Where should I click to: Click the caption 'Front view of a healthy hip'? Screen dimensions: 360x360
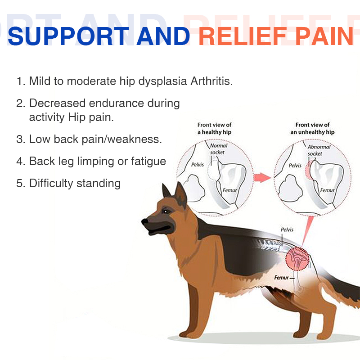coord(215,128)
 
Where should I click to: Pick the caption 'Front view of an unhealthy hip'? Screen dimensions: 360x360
coord(312,128)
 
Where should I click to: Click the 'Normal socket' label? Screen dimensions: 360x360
coord(219,149)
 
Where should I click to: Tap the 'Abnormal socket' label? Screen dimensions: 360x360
coord(319,150)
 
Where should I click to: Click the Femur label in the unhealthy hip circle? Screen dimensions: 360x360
coord(327,190)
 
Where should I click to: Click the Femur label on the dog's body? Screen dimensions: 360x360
coord(282,278)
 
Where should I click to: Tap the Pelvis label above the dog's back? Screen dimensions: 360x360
coord(287,230)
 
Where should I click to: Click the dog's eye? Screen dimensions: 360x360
coord(166,211)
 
